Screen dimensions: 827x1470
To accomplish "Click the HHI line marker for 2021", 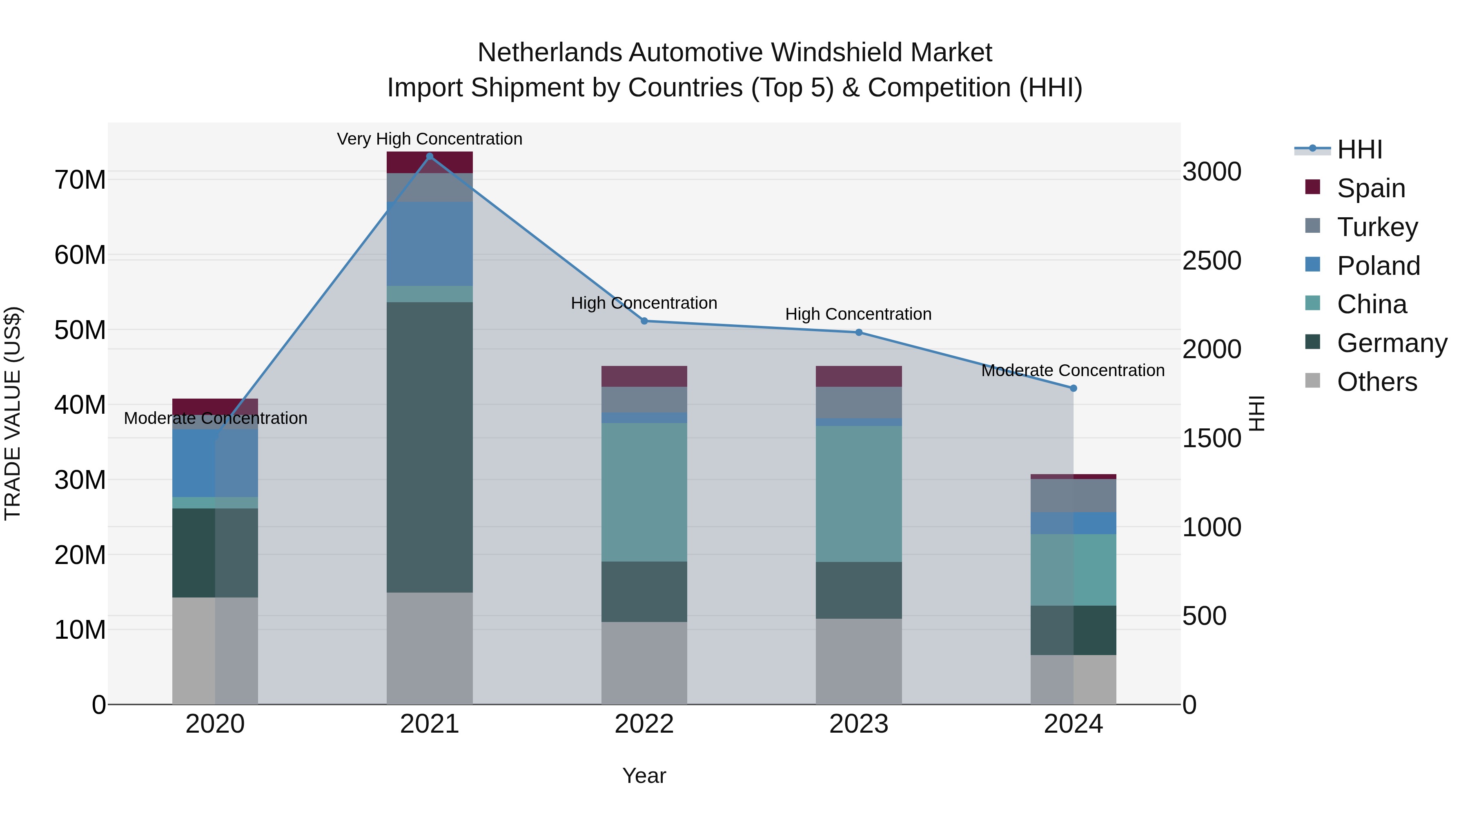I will tap(430, 156).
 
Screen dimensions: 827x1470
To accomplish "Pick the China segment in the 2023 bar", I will tap(858, 494).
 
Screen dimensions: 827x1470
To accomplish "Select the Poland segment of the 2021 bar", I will tap(430, 244).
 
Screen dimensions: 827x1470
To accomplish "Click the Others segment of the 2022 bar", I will tap(644, 663).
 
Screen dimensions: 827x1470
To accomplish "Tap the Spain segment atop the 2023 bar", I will tap(858, 376).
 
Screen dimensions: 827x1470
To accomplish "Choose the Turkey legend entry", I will tap(1376, 227).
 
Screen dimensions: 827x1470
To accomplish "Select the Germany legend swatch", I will tap(1312, 343).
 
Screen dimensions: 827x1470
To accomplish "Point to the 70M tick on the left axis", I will tap(80, 180).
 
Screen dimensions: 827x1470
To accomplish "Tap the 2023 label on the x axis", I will tap(858, 724).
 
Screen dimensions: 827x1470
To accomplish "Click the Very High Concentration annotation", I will tap(429, 139).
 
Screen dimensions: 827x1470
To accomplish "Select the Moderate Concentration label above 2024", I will tap(1072, 370).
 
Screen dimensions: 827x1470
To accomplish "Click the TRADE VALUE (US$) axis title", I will tap(13, 413).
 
